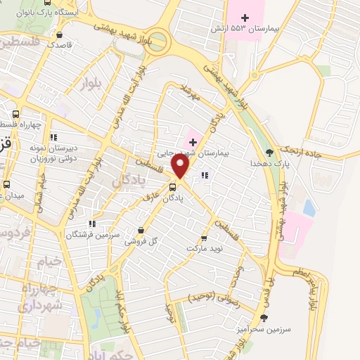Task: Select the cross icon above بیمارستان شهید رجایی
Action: (193, 142)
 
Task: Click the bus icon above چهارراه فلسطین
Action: (16, 115)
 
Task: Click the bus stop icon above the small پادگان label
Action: (172, 187)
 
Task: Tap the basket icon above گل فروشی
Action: (141, 230)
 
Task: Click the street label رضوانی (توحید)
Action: (214, 297)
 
